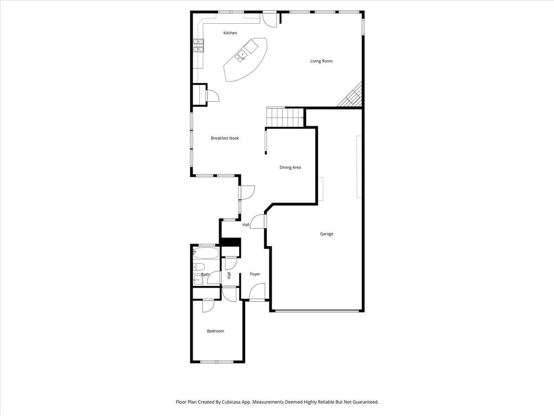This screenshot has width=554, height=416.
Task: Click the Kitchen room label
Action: click(x=230, y=33)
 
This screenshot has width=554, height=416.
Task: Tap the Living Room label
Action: click(x=321, y=61)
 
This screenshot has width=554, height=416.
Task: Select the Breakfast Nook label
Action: click(x=225, y=138)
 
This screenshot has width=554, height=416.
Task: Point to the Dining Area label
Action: click(x=290, y=167)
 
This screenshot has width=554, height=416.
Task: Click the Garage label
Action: click(x=326, y=234)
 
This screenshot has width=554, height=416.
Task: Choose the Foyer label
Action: click(x=255, y=274)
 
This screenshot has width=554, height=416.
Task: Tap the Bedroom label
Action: click(x=215, y=331)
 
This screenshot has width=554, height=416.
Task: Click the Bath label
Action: click(x=205, y=275)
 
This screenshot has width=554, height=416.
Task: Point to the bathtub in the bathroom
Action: click(x=206, y=252)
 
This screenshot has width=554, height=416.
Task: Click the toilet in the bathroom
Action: click(x=197, y=266)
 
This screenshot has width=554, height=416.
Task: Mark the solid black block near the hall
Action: click(x=231, y=242)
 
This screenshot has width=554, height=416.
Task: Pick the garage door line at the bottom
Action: click(x=316, y=311)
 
